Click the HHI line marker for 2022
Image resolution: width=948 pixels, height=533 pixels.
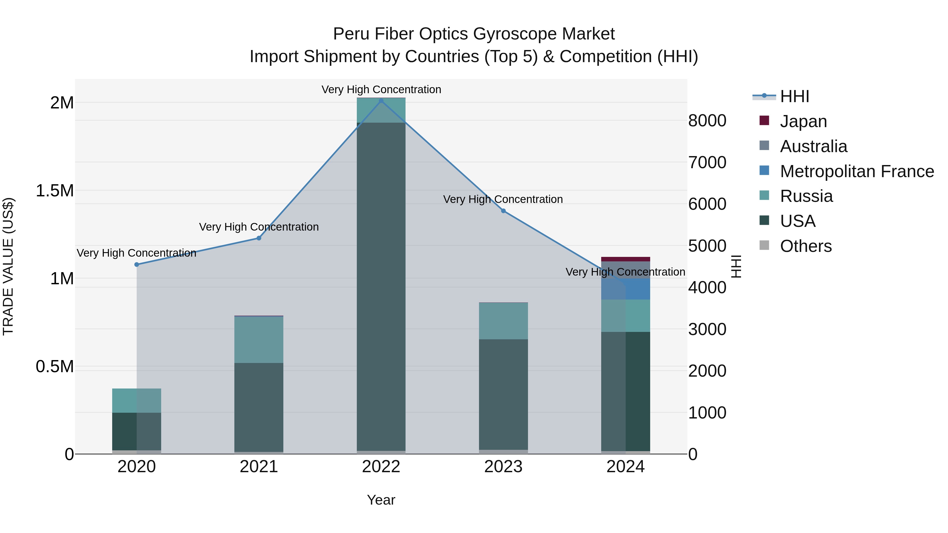point(381,101)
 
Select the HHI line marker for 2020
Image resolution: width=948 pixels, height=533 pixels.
point(136,265)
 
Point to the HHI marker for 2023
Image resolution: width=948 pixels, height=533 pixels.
point(503,211)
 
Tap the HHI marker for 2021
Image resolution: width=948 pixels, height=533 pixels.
point(259,238)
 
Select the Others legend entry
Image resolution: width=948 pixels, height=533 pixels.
point(805,246)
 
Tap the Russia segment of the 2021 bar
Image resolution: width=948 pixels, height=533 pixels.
point(259,339)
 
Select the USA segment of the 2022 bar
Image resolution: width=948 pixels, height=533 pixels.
point(381,287)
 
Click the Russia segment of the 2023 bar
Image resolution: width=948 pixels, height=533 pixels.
point(503,321)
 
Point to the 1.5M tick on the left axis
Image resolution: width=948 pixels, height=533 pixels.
point(55,191)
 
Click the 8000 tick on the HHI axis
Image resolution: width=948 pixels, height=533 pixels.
point(707,121)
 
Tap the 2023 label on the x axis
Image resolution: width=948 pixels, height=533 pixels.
point(503,467)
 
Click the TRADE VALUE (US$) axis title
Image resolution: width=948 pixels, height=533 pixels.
point(8,266)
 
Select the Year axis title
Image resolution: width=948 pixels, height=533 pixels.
point(381,500)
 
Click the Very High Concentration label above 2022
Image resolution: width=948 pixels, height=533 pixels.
point(381,89)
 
